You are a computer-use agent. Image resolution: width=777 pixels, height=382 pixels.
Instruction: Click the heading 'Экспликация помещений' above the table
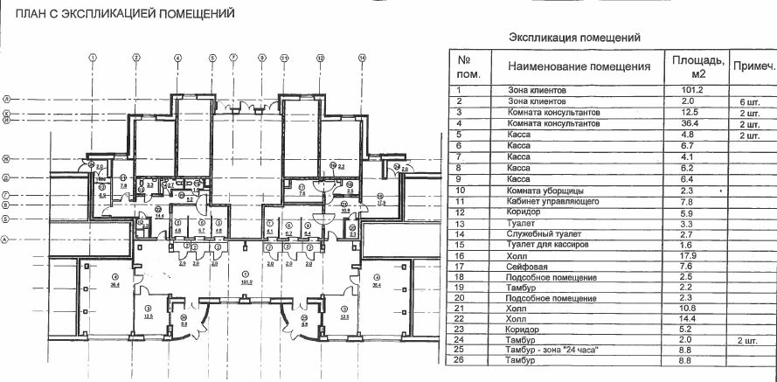click(574, 38)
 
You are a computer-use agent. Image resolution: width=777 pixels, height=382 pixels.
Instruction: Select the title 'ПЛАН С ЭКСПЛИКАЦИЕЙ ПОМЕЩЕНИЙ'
click(120, 14)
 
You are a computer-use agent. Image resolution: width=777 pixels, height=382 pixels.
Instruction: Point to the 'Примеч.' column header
click(753, 67)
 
